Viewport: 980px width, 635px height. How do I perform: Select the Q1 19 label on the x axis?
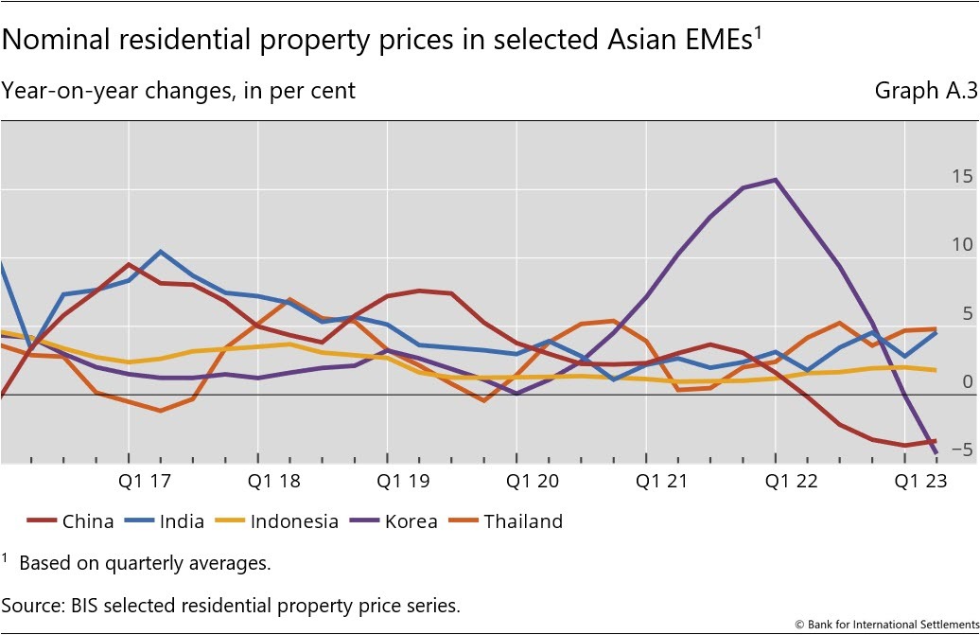coord(404,481)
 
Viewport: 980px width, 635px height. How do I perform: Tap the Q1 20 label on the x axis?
coord(533,481)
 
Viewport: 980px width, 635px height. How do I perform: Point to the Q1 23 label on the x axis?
coord(919,481)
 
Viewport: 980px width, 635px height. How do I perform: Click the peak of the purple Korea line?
coord(776,180)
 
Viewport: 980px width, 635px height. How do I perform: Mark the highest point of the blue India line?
coord(160,252)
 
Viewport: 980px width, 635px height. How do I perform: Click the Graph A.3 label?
coord(925,91)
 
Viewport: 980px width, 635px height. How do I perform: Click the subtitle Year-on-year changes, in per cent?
coord(179,91)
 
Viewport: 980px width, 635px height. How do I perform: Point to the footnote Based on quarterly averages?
coord(145,563)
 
